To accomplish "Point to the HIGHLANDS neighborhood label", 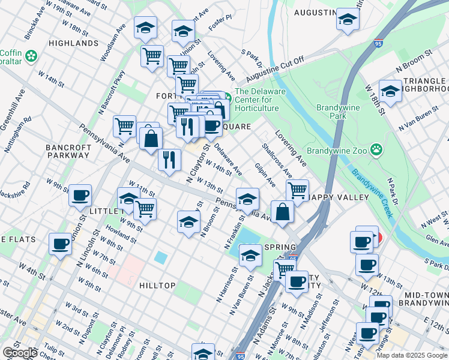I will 73,43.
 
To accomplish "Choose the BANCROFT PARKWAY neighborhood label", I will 68,151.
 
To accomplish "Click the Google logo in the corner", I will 20,353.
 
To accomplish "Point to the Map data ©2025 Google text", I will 412,355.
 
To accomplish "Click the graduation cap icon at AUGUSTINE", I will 348,19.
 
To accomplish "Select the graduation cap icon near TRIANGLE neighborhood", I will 390,91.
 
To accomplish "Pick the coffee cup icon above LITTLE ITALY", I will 80,194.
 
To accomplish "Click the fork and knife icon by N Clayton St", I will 169,160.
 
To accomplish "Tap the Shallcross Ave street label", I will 277,160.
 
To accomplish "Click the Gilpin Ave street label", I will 265,173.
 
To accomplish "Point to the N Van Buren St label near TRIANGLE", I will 420,119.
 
